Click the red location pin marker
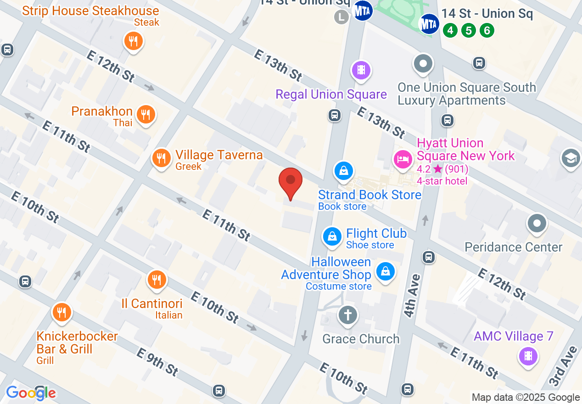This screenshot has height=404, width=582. (x=291, y=182)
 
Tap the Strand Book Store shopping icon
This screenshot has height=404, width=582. (x=343, y=171)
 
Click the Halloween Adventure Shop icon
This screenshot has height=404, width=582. (x=386, y=271)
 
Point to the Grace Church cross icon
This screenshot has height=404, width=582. (x=348, y=315)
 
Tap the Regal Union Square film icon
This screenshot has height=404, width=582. (x=361, y=70)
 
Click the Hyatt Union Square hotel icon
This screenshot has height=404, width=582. (x=403, y=159)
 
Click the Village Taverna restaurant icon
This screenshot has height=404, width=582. (x=161, y=158)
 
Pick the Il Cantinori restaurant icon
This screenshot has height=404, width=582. (x=157, y=279)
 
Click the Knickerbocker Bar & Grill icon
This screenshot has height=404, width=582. (x=61, y=312)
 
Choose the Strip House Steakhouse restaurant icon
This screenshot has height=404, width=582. (x=133, y=42)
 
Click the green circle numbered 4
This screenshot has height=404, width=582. (x=450, y=31)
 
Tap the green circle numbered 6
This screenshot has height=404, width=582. (x=487, y=31)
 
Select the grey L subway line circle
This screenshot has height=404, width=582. (x=341, y=17)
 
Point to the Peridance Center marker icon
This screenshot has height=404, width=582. (x=537, y=224)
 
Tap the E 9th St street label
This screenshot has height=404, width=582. (x=157, y=362)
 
